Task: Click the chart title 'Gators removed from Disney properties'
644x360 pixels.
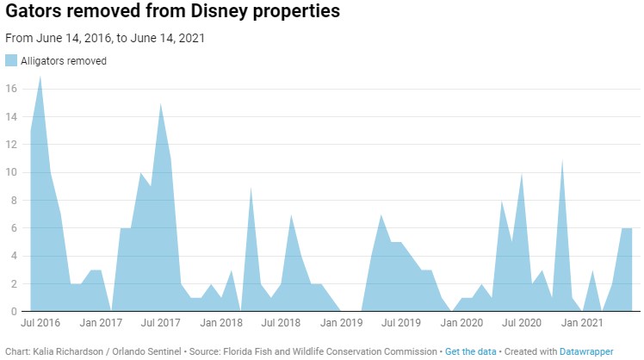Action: pos(172,13)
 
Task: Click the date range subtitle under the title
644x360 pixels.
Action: pos(105,39)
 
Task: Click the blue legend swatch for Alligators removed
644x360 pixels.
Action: pos(11,60)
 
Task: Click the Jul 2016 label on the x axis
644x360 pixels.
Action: pos(40,324)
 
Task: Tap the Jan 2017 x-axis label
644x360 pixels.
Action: pos(101,324)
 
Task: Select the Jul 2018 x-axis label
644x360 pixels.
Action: pos(280,324)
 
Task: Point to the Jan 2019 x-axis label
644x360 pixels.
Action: pos(341,324)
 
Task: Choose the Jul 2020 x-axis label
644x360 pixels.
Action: pos(520,324)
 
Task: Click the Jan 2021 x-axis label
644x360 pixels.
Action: pos(581,324)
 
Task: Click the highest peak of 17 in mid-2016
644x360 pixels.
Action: pos(40,77)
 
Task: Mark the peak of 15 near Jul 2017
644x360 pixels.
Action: pos(160,104)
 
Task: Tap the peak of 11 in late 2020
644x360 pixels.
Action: pos(562,160)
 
